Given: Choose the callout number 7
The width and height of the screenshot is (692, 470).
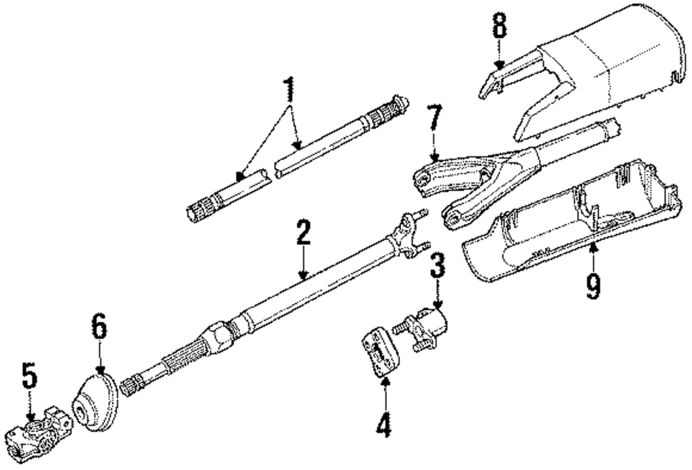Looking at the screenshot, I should tap(434, 120).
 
